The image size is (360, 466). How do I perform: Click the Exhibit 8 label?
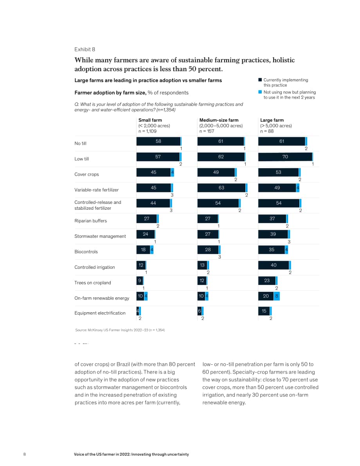(x=85, y=49)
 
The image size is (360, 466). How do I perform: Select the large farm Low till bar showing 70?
(x=285, y=157)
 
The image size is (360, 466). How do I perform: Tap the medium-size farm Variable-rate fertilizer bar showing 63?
(x=221, y=187)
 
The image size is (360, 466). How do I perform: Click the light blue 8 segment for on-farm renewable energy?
(x=277, y=296)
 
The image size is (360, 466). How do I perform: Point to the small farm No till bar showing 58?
(x=158, y=141)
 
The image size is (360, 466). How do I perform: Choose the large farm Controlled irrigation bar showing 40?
(x=274, y=265)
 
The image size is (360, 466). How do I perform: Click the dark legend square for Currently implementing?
(x=260, y=80)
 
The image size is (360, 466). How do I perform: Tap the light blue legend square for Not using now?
(x=260, y=92)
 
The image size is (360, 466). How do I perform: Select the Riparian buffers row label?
(x=91, y=221)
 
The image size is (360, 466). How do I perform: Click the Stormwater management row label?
(x=100, y=236)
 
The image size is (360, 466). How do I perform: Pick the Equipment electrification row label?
(x=100, y=313)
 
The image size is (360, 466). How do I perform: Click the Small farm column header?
(x=150, y=120)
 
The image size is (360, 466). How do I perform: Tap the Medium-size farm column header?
(x=219, y=120)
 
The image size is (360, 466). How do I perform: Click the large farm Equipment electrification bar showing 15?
(x=264, y=311)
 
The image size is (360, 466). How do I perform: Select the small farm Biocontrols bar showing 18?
(x=143, y=250)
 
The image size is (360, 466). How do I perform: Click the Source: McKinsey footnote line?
(x=120, y=330)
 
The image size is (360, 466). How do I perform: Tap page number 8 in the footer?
(x=24, y=454)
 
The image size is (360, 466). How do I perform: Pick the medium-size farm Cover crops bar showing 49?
(x=216, y=172)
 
